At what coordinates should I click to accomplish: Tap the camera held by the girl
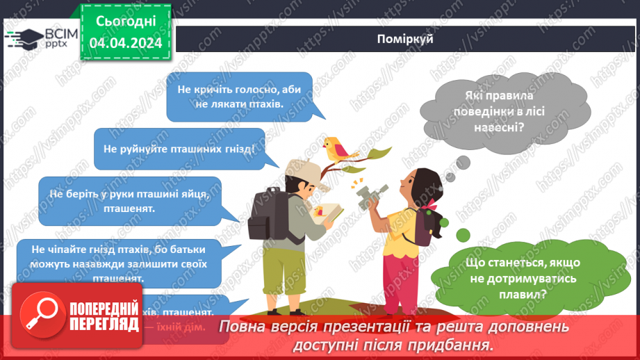click(x=370, y=194)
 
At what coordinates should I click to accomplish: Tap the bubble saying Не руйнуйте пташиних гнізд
click(x=180, y=148)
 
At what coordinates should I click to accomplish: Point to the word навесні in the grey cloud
click(x=498, y=127)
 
